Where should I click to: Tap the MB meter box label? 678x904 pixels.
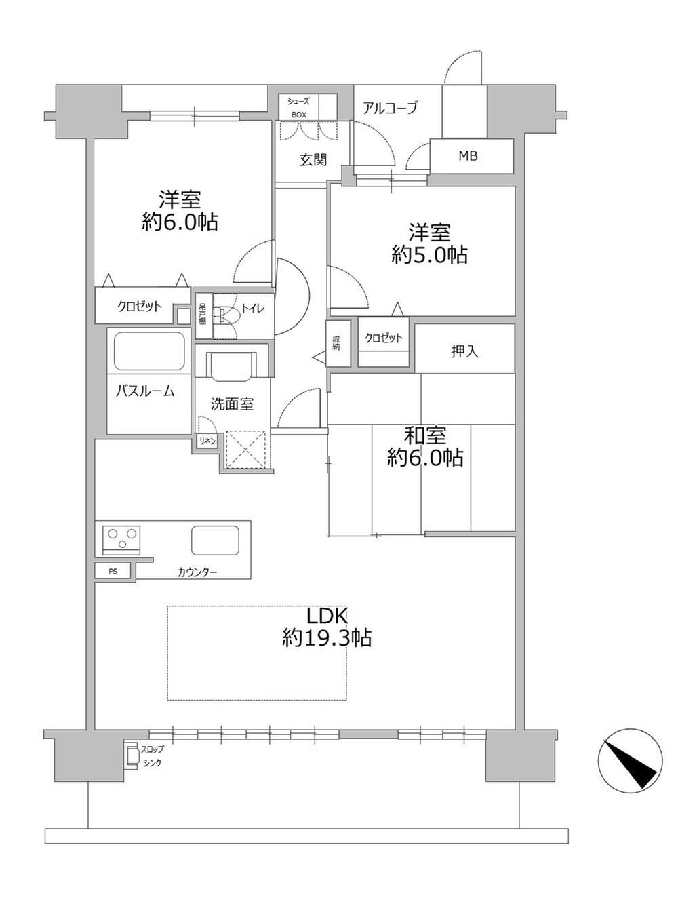pyautogui.click(x=468, y=156)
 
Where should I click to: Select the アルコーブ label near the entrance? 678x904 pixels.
pyautogui.click(x=391, y=108)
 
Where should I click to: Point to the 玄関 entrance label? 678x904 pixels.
pyautogui.click(x=313, y=159)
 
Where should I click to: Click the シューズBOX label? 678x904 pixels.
pyautogui.click(x=299, y=108)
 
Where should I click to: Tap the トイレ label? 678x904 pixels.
pyautogui.click(x=253, y=308)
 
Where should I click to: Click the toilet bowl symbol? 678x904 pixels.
pyautogui.click(x=224, y=316)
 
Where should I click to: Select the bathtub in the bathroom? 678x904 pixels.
pyautogui.click(x=149, y=351)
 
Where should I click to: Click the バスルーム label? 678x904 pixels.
pyautogui.click(x=145, y=391)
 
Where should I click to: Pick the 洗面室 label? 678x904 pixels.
pyautogui.click(x=232, y=404)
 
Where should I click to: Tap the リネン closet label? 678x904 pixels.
pyautogui.click(x=207, y=441)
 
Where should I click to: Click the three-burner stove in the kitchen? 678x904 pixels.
pyautogui.click(x=121, y=538)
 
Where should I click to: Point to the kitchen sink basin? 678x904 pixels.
pyautogui.click(x=216, y=540)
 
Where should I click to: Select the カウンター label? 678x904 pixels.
pyautogui.click(x=197, y=572)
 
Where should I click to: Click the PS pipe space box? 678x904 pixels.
pyautogui.click(x=113, y=571)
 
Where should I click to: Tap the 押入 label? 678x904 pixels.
pyautogui.click(x=464, y=351)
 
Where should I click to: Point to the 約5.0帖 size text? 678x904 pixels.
pyautogui.click(x=429, y=255)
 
